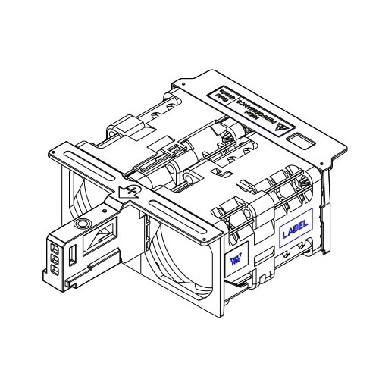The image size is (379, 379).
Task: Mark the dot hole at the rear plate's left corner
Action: pyautogui.click(x=180, y=83)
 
